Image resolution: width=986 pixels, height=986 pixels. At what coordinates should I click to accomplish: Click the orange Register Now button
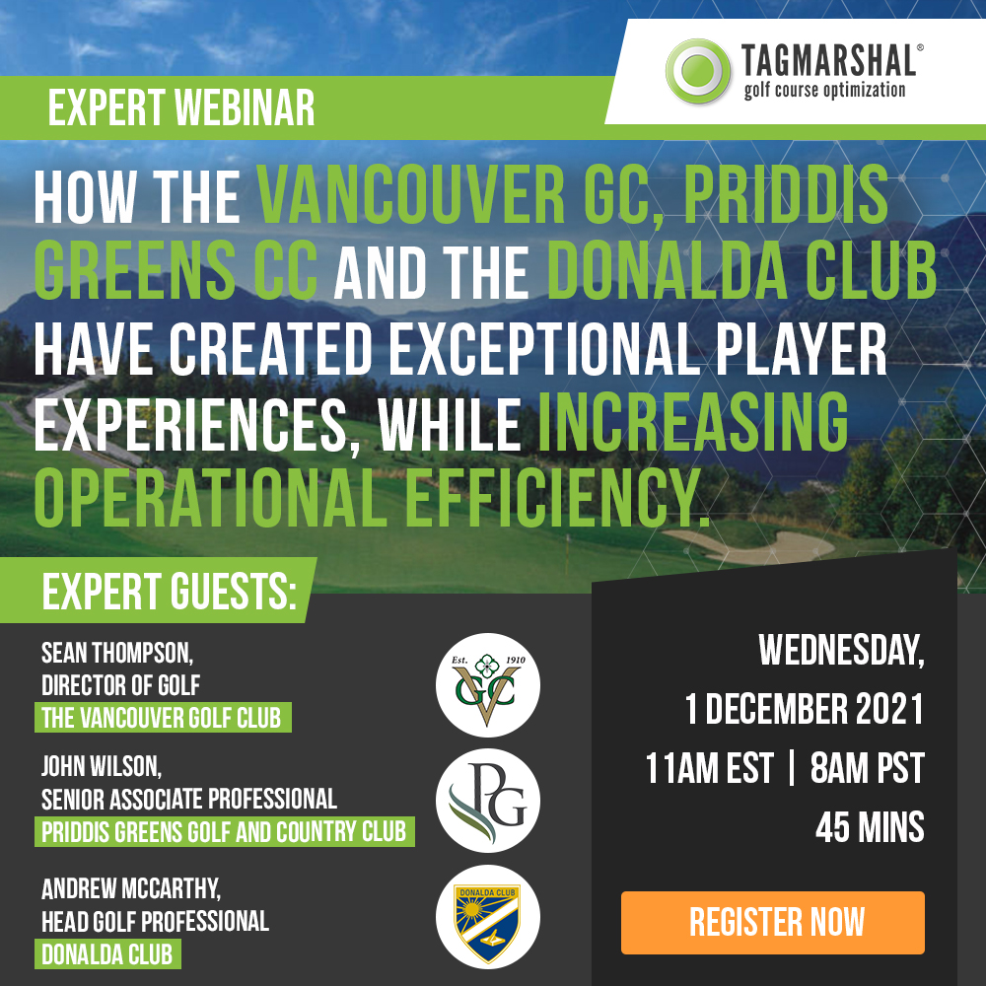[x=773, y=922]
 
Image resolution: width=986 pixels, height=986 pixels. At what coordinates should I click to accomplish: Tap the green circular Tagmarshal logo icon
[x=698, y=71]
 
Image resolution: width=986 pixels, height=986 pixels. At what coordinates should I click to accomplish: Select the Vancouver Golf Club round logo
[x=488, y=685]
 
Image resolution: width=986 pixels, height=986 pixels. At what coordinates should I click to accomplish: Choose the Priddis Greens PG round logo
[x=488, y=801]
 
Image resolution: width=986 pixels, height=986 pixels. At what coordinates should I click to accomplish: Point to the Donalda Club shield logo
[x=488, y=917]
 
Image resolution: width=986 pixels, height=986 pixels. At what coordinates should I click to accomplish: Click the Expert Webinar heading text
[x=181, y=108]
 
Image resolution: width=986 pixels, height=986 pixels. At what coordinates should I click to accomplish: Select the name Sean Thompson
[x=117, y=653]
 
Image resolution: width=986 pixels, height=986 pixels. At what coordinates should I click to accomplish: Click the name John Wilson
[x=102, y=766]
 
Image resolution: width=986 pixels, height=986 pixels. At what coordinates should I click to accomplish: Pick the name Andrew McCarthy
[x=131, y=889]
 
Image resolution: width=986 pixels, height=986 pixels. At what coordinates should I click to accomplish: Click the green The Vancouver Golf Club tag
[x=163, y=718]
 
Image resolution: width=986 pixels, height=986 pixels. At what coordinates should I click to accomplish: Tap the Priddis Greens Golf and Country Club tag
[x=225, y=831]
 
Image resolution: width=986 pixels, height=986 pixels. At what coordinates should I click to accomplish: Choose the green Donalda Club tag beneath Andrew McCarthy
[x=107, y=953]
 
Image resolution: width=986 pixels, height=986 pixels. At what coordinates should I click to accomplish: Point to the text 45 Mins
[x=870, y=827]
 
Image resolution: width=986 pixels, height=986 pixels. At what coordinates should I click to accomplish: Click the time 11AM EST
[x=709, y=768]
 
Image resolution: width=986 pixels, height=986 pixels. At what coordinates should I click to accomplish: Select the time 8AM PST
[x=867, y=768]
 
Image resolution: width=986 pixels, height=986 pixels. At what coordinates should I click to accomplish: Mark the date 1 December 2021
[x=805, y=709]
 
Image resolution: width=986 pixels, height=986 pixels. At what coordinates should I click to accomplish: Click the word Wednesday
[x=841, y=650]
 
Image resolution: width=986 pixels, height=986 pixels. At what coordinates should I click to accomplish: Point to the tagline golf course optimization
[x=824, y=90]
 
